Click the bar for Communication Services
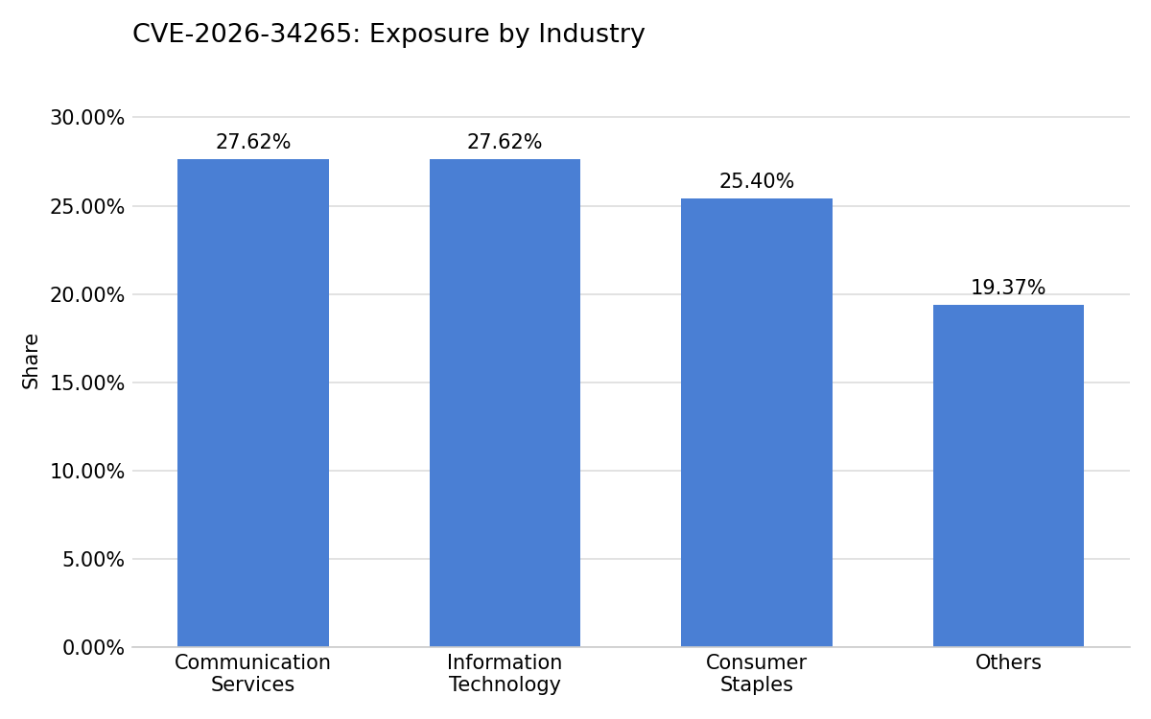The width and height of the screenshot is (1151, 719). [x=253, y=403]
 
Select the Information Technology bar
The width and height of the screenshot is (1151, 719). [x=505, y=403]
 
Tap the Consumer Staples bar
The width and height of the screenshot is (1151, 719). [x=757, y=423]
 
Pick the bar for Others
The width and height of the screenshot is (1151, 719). [x=1008, y=475]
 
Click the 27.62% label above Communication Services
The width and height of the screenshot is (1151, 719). [x=253, y=142]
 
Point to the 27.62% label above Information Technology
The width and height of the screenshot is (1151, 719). [x=505, y=142]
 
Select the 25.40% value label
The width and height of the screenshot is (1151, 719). [x=757, y=181]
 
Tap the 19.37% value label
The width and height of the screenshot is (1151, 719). [x=1008, y=288]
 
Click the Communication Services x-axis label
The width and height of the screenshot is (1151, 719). [x=252, y=673]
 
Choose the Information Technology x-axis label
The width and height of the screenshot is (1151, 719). [x=505, y=673]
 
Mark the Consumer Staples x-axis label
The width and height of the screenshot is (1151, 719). [x=757, y=673]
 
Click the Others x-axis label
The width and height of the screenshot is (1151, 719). [x=1008, y=662]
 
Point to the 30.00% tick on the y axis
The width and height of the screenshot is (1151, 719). [x=87, y=118]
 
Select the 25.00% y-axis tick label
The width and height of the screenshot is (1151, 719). [x=87, y=207]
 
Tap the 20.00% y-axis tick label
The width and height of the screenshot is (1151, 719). [x=87, y=295]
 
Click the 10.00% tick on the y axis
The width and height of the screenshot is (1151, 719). [x=87, y=472]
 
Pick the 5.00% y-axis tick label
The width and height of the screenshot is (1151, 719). [x=93, y=560]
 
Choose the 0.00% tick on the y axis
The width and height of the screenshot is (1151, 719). [x=93, y=648]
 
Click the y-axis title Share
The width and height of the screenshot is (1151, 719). [x=31, y=361]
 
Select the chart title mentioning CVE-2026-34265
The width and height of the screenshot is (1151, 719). [x=388, y=34]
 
